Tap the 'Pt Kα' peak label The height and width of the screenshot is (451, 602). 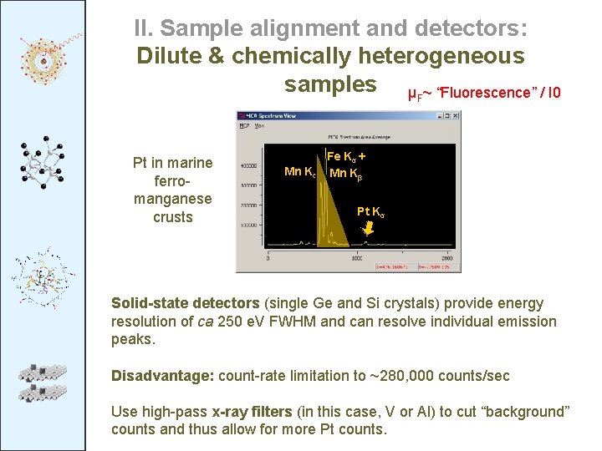click(x=371, y=210)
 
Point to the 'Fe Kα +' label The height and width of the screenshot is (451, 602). click(x=345, y=156)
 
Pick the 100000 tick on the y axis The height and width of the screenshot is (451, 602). click(x=248, y=226)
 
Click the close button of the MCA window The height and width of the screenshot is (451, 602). click(x=456, y=117)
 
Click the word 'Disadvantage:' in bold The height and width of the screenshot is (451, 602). click(x=162, y=376)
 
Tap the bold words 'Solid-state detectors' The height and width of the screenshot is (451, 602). click(x=186, y=303)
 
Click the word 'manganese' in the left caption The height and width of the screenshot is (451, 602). click(x=173, y=199)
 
